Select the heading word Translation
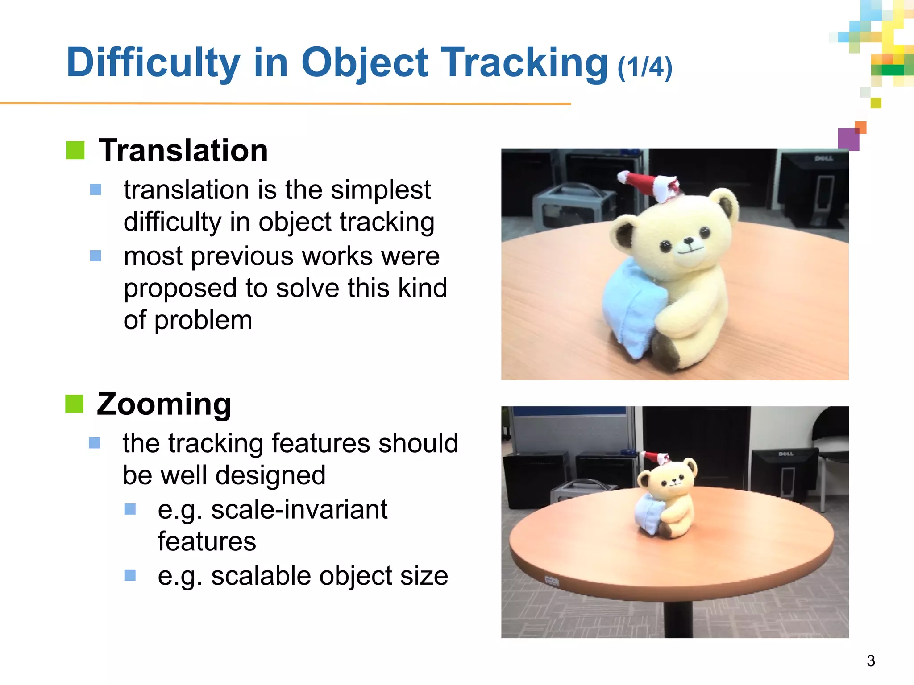[x=183, y=150]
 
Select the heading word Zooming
[x=164, y=404]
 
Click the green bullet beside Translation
[x=75, y=150]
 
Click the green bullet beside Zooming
[x=75, y=404]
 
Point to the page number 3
[x=871, y=660]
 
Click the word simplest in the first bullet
[x=381, y=190]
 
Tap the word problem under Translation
[x=203, y=321]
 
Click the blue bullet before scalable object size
[x=130, y=575]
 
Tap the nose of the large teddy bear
[x=690, y=242]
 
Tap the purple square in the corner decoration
[x=848, y=139]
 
